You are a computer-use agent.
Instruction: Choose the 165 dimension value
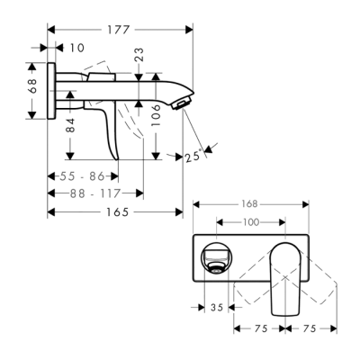click(x=114, y=211)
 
